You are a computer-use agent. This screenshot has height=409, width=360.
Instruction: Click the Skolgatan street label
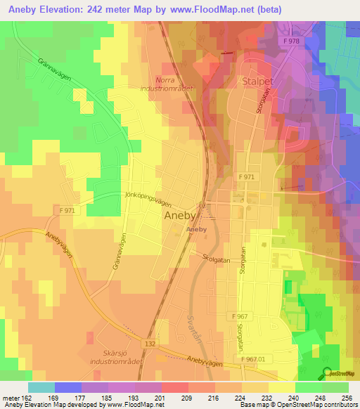click(216, 258)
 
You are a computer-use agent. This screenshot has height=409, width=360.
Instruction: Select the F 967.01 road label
click(254, 358)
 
